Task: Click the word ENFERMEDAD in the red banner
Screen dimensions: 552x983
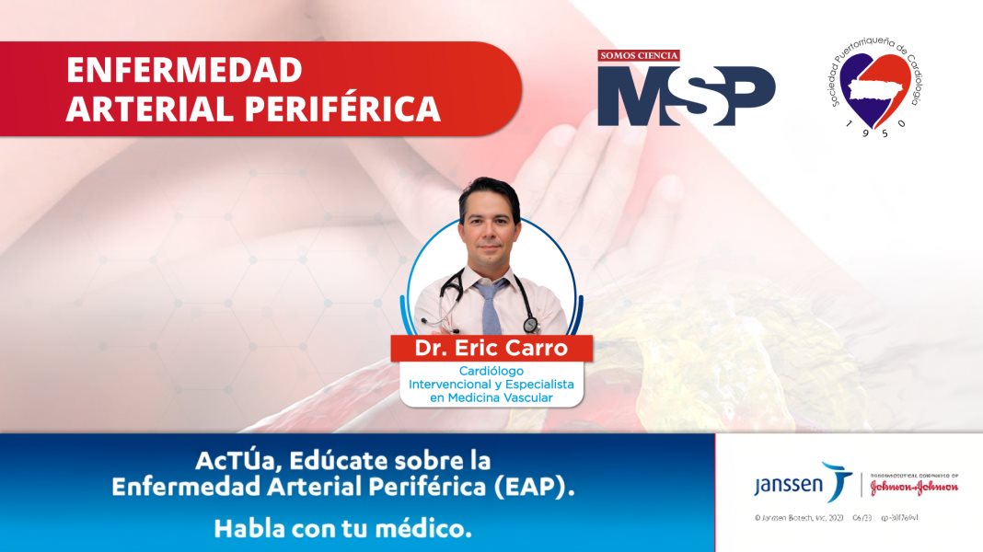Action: click(x=184, y=70)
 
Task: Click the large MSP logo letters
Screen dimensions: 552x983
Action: click(x=686, y=96)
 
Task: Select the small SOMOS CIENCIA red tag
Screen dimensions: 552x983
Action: click(x=639, y=55)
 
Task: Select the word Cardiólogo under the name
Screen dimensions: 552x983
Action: click(x=491, y=371)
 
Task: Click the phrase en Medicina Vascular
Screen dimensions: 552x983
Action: click(x=491, y=397)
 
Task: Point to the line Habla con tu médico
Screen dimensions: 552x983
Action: click(x=342, y=529)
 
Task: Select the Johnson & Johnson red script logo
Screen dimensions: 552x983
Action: click(x=912, y=487)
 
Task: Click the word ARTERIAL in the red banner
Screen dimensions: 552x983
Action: click(x=150, y=109)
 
